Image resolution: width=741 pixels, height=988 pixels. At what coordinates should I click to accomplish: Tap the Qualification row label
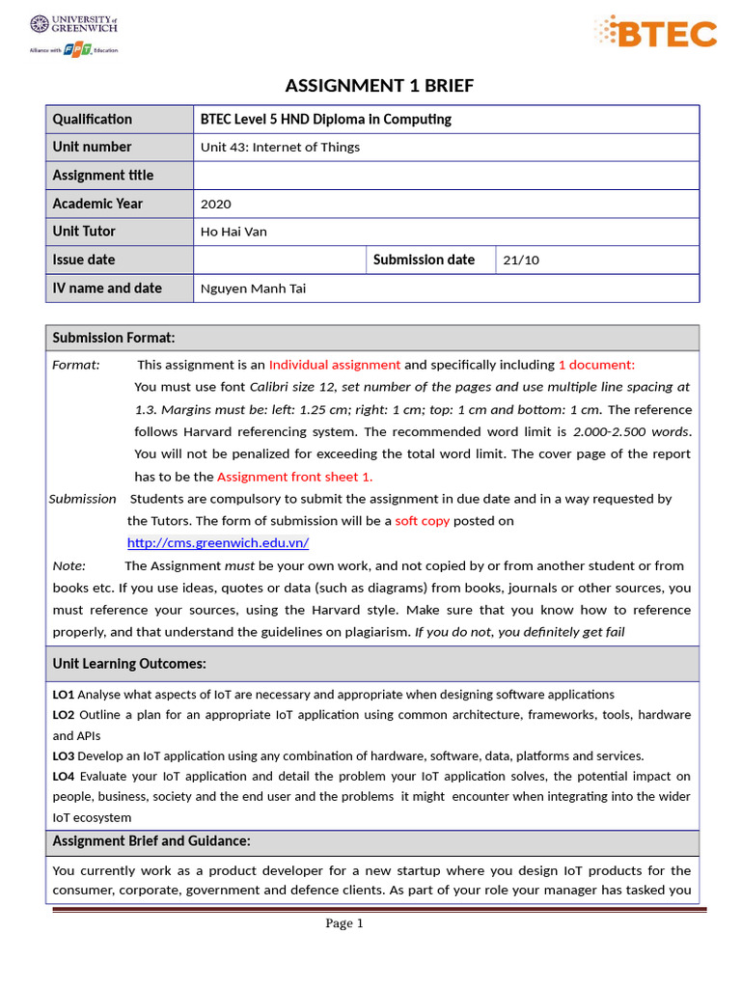coord(93,119)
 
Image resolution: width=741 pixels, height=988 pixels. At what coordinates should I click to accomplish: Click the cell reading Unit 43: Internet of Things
coord(280,148)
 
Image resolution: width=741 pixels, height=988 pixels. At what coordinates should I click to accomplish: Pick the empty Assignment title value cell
coord(446,176)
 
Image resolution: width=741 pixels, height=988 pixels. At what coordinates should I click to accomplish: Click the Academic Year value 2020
coord(216,204)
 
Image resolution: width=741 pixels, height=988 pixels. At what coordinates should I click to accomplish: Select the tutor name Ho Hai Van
coord(233,232)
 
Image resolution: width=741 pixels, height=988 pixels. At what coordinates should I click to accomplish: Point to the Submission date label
coord(424,260)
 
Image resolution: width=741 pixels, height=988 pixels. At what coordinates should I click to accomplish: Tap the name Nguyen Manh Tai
coord(253,288)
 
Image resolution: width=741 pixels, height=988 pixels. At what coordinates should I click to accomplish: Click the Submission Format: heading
coord(114,338)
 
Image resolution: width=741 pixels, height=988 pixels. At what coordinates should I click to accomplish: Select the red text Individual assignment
coord(334,365)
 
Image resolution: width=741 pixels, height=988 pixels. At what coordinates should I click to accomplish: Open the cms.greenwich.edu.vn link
coord(218,543)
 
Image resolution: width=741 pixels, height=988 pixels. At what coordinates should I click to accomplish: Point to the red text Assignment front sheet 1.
coord(294,477)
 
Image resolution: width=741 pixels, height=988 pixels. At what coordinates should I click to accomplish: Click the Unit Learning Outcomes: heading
coord(129,664)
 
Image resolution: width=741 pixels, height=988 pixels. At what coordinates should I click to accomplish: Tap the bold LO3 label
coord(64,755)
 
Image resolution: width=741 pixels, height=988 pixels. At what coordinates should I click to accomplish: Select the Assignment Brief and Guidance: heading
coord(151,841)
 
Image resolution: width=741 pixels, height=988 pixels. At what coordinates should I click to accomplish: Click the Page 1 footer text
coord(343,923)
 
